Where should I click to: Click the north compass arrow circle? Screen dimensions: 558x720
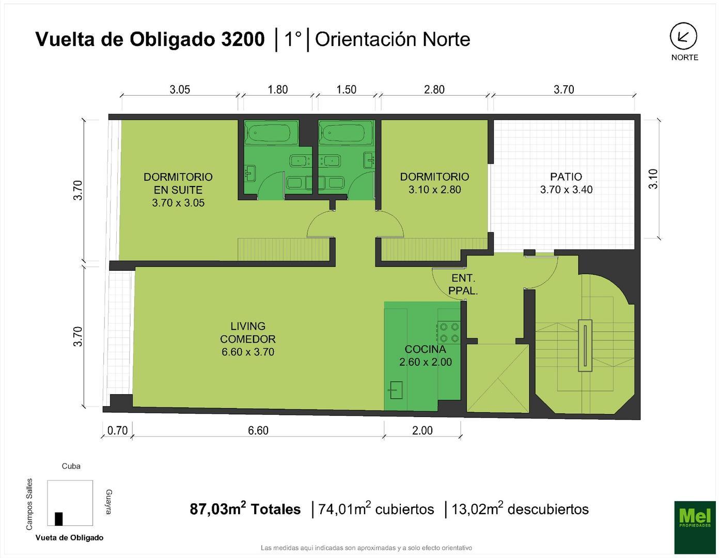pyautogui.click(x=683, y=37)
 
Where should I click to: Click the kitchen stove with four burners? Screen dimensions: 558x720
pyautogui.click(x=448, y=332)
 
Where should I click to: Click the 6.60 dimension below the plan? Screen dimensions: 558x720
pyautogui.click(x=258, y=430)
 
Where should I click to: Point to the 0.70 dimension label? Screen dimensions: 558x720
pyautogui.click(x=117, y=430)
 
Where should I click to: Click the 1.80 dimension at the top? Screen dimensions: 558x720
pyautogui.click(x=277, y=89)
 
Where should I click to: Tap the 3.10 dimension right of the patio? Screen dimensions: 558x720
pyautogui.click(x=653, y=179)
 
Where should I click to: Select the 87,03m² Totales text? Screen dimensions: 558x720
pyautogui.click(x=245, y=509)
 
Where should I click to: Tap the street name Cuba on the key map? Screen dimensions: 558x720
pyautogui.click(x=71, y=466)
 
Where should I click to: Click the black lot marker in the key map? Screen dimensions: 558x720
pyautogui.click(x=59, y=519)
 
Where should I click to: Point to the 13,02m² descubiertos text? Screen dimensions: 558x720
pyautogui.click(x=520, y=509)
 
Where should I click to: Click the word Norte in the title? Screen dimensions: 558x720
pyautogui.click(x=446, y=40)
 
